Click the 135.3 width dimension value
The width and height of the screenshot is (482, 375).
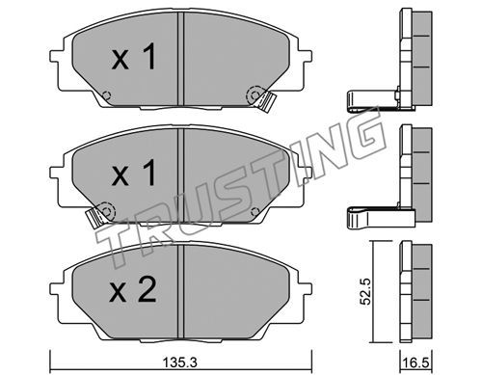pos(180,362)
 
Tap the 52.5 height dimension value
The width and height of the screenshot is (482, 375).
pos(365,292)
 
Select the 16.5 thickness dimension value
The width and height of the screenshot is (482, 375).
pos(416,363)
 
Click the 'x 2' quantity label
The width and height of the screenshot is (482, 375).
pos(133,289)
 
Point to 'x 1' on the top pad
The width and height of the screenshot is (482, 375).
pos(134,57)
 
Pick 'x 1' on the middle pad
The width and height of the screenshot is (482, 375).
pos(134,173)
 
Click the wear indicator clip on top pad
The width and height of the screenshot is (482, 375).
pos(267,102)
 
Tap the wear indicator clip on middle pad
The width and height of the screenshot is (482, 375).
pos(94,218)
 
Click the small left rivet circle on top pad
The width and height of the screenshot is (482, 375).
pos(106,95)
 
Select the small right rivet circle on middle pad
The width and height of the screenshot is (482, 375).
pos(254,211)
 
